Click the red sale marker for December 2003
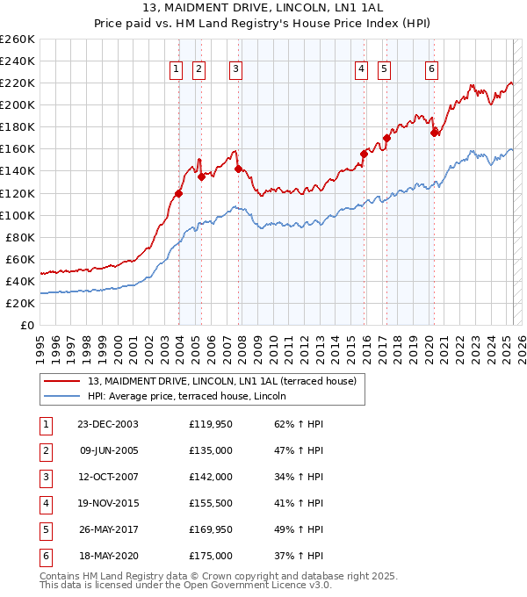[x=178, y=193]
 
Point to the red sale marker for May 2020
[x=434, y=133]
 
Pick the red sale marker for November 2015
[x=364, y=154]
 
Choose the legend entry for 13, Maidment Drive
[x=221, y=382]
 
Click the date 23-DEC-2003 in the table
[x=108, y=424]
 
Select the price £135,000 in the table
[x=211, y=450]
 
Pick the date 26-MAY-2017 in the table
[x=108, y=529]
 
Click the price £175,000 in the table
[x=211, y=556]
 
